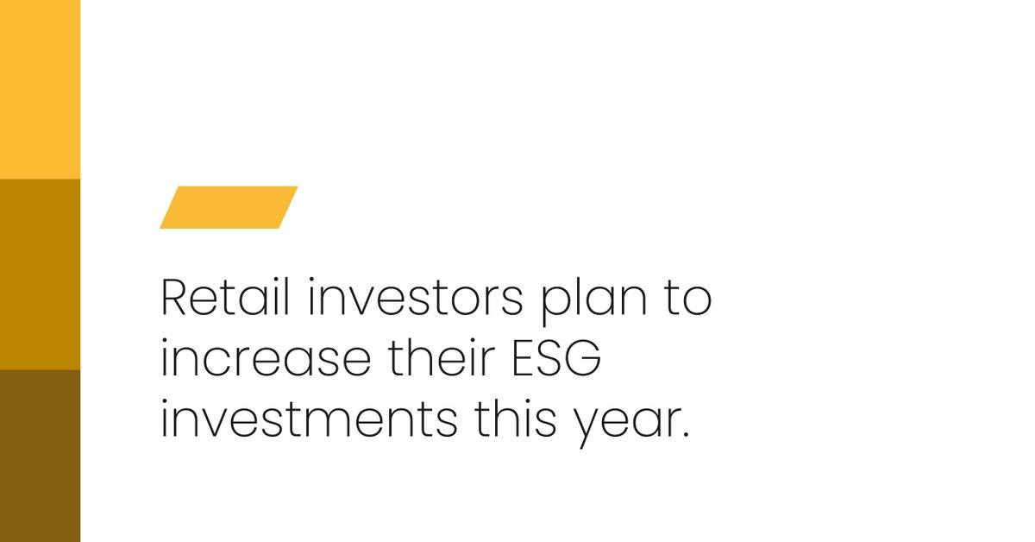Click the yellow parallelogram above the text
(229, 207)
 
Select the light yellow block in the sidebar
(40, 90)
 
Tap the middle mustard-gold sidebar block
(40, 274)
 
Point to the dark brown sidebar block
(40, 456)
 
